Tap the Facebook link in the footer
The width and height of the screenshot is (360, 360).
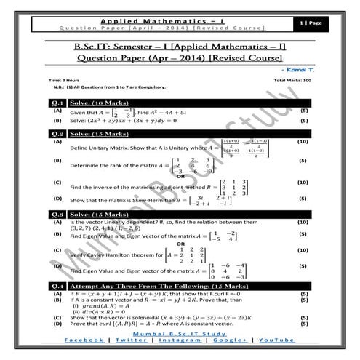pyautogui.click(x=85, y=340)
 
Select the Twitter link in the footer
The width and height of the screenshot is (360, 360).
pyautogui.click(x=131, y=340)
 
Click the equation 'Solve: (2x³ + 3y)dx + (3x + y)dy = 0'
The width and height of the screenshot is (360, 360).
pyautogui.click(x=131, y=121)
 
